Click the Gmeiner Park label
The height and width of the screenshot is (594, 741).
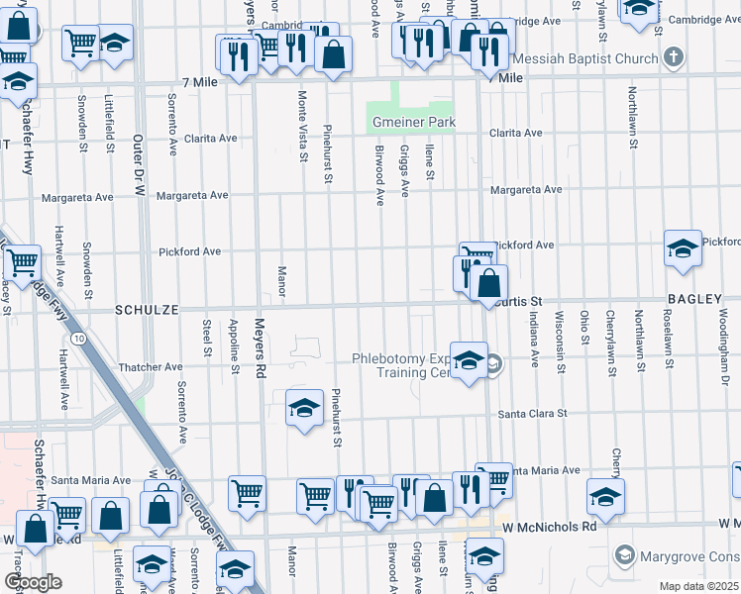413,123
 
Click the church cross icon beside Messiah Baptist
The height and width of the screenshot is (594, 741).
674,56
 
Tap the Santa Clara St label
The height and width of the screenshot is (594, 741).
532,414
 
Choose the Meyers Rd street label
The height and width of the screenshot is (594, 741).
262,357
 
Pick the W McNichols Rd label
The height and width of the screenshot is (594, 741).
548,527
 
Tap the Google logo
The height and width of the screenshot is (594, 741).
33,582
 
